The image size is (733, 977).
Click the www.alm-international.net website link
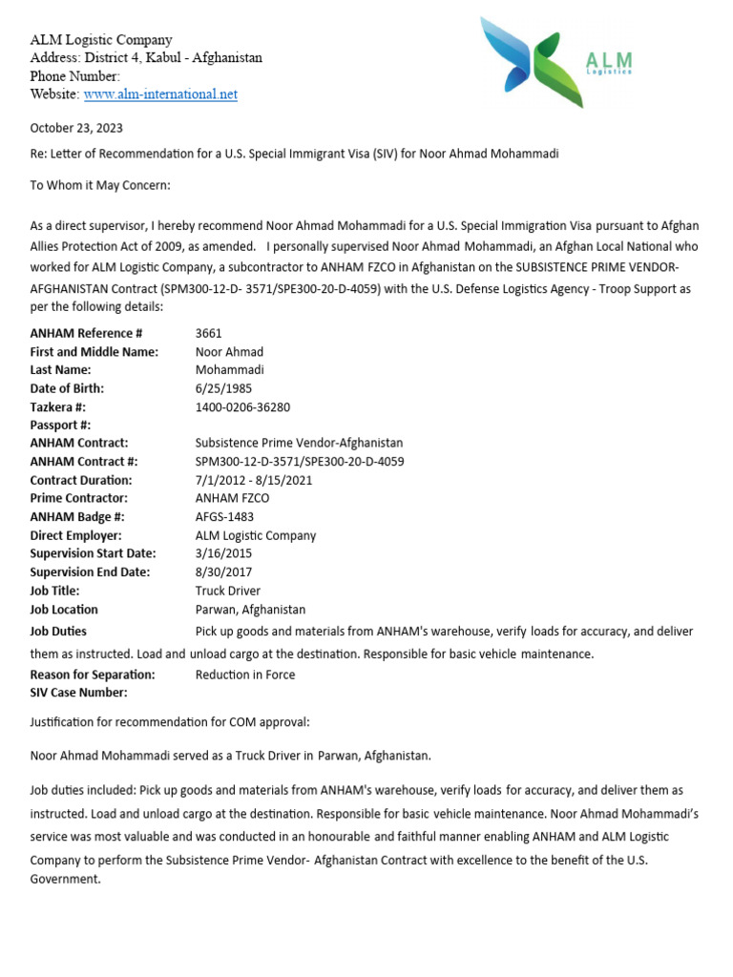[160, 94]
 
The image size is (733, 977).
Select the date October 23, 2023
[76, 128]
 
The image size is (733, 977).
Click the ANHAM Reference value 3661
[208, 333]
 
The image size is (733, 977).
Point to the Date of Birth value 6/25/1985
[224, 388]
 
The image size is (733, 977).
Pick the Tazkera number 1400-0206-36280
[242, 406]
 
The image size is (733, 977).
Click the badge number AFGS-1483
[224, 517]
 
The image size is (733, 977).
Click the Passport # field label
[60, 425]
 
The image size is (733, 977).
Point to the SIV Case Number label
[79, 693]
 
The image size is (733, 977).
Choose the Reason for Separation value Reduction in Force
[245, 675]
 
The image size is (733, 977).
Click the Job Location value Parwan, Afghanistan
[250, 610]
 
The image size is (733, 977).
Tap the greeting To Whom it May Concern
[100, 185]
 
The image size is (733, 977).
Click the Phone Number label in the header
[75, 76]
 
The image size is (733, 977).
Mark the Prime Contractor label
[79, 498]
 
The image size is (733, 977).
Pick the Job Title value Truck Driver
[228, 591]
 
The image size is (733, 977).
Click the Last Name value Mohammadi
[229, 370]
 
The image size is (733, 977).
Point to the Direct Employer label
[76, 535]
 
